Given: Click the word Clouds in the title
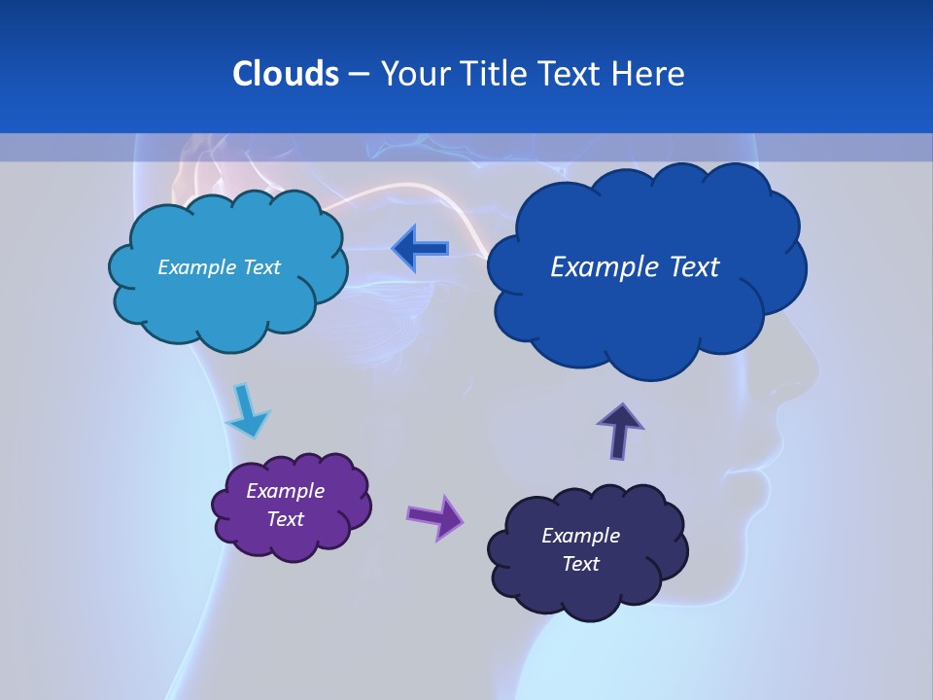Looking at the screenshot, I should (285, 73).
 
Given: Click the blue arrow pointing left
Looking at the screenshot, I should (422, 250).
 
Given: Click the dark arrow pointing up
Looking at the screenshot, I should (620, 431).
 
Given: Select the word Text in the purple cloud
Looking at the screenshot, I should (286, 519).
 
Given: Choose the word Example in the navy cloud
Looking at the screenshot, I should (580, 536).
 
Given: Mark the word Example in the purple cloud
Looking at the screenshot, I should (286, 491).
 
